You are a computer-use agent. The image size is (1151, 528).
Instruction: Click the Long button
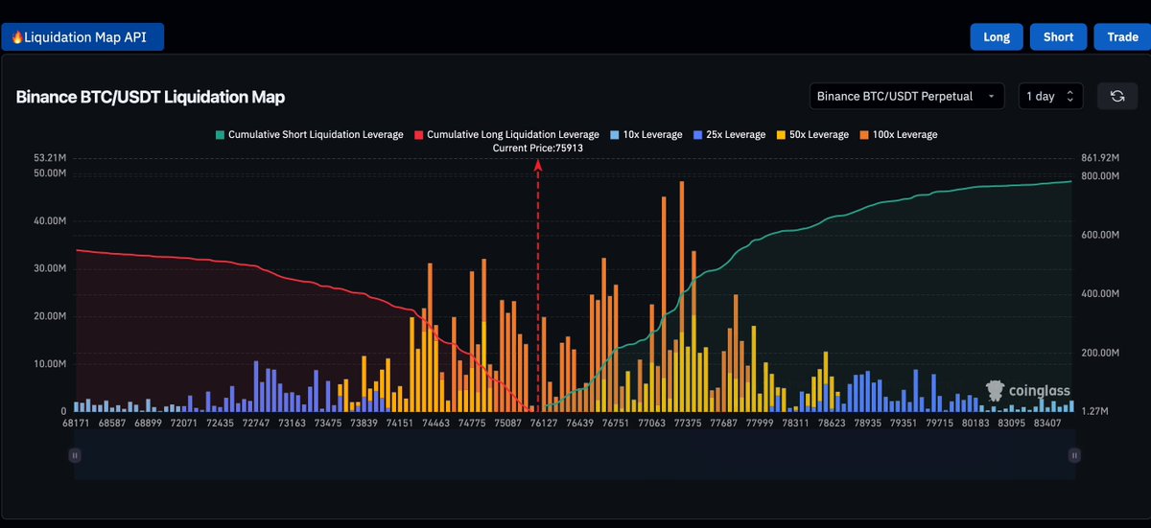[997, 37]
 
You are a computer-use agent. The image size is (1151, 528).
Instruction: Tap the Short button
[1058, 37]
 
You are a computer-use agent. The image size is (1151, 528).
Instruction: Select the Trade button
[1122, 37]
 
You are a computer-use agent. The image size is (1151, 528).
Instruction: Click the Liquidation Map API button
[82, 37]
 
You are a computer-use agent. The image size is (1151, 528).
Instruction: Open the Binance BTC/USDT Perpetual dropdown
[906, 96]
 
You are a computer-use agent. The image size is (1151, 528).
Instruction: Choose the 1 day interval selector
[1050, 96]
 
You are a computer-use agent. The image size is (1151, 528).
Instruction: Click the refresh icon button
[1117, 96]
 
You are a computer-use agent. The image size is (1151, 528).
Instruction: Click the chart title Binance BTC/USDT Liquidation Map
[150, 97]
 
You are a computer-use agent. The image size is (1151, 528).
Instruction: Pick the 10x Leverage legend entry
[646, 134]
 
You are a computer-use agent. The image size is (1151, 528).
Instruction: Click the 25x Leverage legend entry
[729, 134]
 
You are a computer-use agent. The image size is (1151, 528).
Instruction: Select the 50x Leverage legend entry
[812, 134]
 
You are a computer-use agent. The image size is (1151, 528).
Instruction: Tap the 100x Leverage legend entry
[898, 134]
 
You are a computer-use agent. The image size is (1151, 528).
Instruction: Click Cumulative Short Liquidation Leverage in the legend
[309, 134]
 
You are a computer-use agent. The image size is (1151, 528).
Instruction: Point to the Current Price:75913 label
[537, 149]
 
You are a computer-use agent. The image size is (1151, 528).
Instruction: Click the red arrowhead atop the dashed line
[538, 165]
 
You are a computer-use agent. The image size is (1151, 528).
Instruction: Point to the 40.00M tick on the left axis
[50, 220]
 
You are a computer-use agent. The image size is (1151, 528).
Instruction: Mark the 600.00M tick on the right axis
[1100, 235]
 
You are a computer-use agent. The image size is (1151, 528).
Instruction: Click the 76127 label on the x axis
[544, 424]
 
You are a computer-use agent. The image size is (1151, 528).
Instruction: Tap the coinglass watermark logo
[1027, 391]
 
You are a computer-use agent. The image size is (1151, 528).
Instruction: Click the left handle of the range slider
[75, 455]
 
